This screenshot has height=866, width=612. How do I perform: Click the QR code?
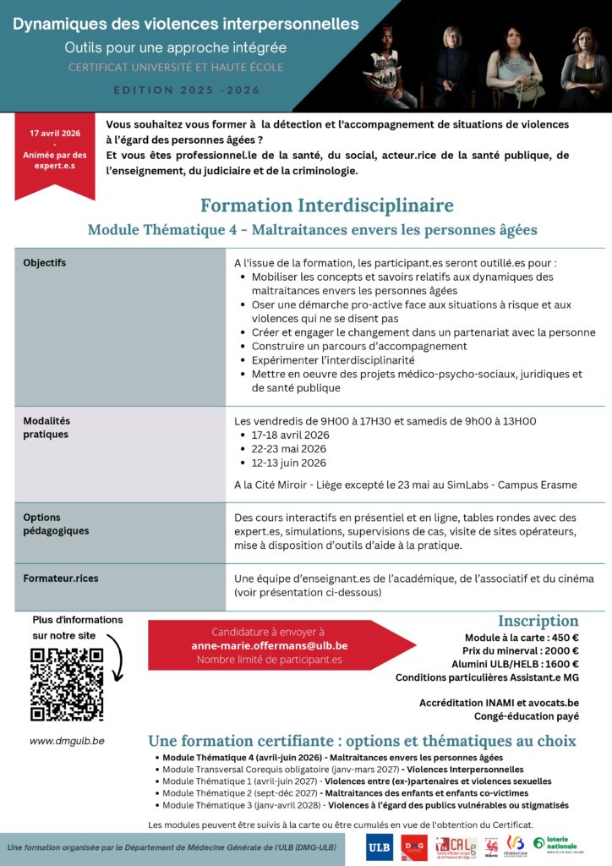(67, 684)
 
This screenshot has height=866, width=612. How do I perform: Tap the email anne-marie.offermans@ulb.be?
(269, 645)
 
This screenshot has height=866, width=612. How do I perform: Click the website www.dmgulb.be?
(68, 740)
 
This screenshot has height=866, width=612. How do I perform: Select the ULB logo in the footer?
(380, 847)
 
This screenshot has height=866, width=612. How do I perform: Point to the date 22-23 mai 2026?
(288, 449)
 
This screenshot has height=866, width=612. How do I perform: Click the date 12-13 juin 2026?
(288, 463)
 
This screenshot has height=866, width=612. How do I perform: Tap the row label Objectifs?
(45, 263)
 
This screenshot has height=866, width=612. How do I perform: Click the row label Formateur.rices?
(61, 578)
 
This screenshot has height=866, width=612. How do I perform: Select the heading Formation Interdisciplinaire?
(326, 206)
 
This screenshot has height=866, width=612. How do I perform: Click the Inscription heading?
(538, 621)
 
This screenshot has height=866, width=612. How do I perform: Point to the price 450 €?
(563, 638)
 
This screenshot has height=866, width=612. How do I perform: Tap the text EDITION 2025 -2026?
(187, 90)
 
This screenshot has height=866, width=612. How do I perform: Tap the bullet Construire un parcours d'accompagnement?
(359, 347)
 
